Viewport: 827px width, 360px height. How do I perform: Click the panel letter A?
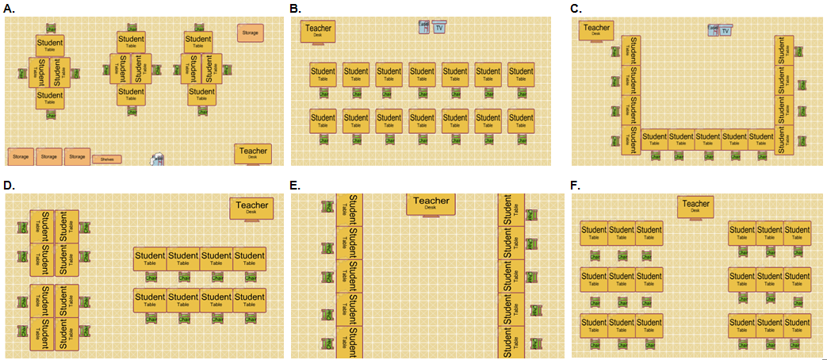coord(9,9)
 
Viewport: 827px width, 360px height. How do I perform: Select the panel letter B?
coord(294,9)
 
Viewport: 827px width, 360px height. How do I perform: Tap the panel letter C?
coord(576,9)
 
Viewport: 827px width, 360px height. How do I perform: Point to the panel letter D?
coord(9,186)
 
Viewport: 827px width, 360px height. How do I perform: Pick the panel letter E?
coord(294,186)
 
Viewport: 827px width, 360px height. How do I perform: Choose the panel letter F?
coord(576,186)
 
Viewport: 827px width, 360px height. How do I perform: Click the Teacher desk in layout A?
coord(253,153)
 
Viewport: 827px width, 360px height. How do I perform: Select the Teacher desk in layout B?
coord(317,32)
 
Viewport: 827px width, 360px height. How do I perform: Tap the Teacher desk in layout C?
coord(596,30)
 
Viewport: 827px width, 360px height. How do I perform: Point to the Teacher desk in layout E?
coord(431,204)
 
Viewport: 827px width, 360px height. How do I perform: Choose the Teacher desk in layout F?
coord(695,206)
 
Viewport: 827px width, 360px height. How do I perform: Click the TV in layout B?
coord(439,28)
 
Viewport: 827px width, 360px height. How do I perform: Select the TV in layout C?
coord(725,30)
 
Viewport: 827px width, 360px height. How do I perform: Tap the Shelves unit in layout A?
coord(107,159)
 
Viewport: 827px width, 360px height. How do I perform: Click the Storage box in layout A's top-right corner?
coord(251,33)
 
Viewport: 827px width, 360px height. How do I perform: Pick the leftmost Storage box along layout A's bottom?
coord(21,156)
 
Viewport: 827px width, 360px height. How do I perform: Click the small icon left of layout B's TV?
coord(423,28)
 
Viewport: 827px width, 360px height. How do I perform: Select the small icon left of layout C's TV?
coord(713,30)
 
